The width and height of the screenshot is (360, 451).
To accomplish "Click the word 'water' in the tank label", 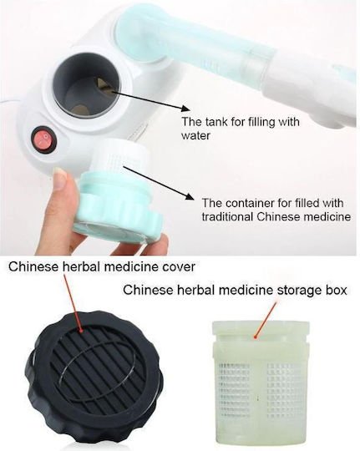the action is [195, 135].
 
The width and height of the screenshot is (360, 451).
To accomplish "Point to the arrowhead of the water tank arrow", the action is [186, 109].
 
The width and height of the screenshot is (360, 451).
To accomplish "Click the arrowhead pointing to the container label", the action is [189, 196].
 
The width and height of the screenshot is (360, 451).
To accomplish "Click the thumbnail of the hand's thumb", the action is [60, 179].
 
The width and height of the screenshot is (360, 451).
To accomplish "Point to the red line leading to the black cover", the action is [73, 302].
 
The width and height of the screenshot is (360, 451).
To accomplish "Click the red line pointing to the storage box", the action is [265, 319].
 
